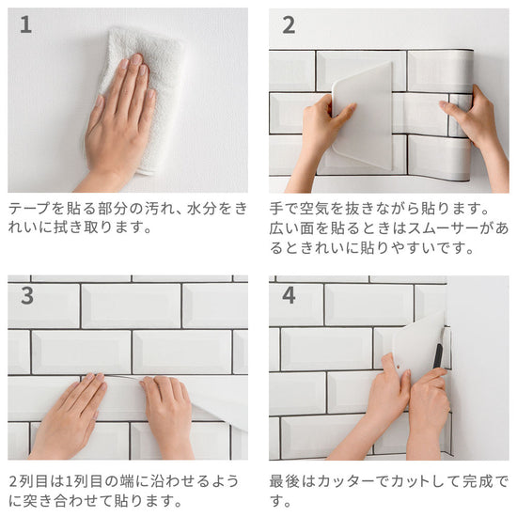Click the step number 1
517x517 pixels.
(x=25, y=24)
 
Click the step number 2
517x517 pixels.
(x=289, y=25)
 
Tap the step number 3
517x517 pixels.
(x=27, y=295)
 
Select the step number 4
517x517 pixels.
(x=289, y=295)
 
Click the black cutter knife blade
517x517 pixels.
(x=437, y=356)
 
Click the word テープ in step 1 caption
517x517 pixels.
(x=29, y=209)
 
